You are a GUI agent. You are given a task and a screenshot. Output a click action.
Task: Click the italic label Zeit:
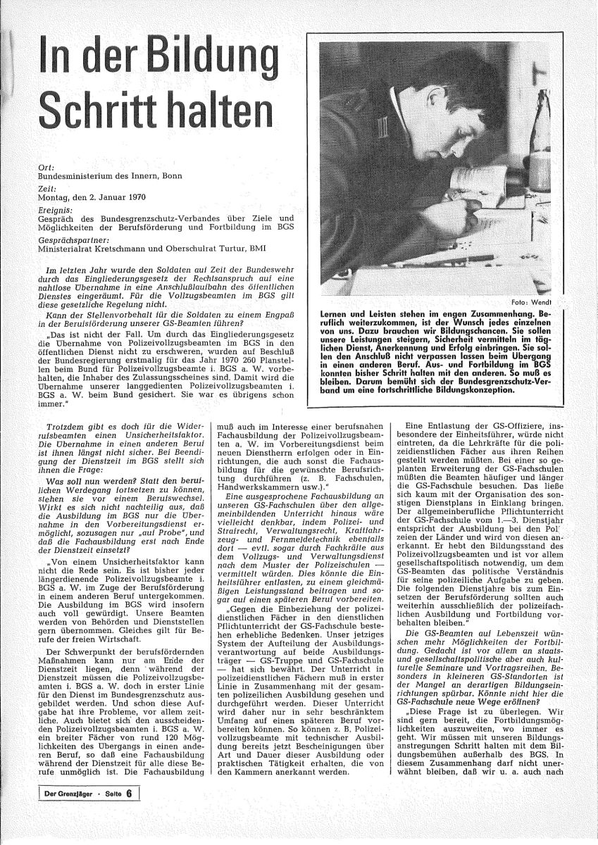(x=48, y=190)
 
